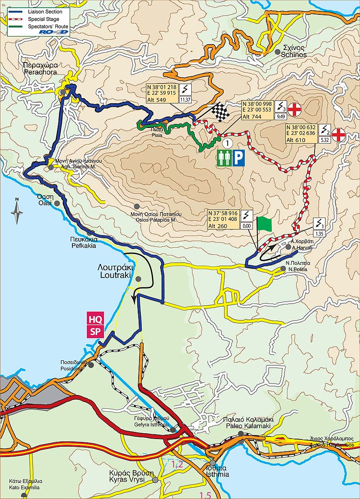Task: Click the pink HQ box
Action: tap(95, 320)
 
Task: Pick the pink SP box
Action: tap(95, 332)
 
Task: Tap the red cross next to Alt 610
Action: tap(339, 133)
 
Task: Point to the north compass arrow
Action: tap(17, 211)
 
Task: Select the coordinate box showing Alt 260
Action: tap(223, 219)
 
